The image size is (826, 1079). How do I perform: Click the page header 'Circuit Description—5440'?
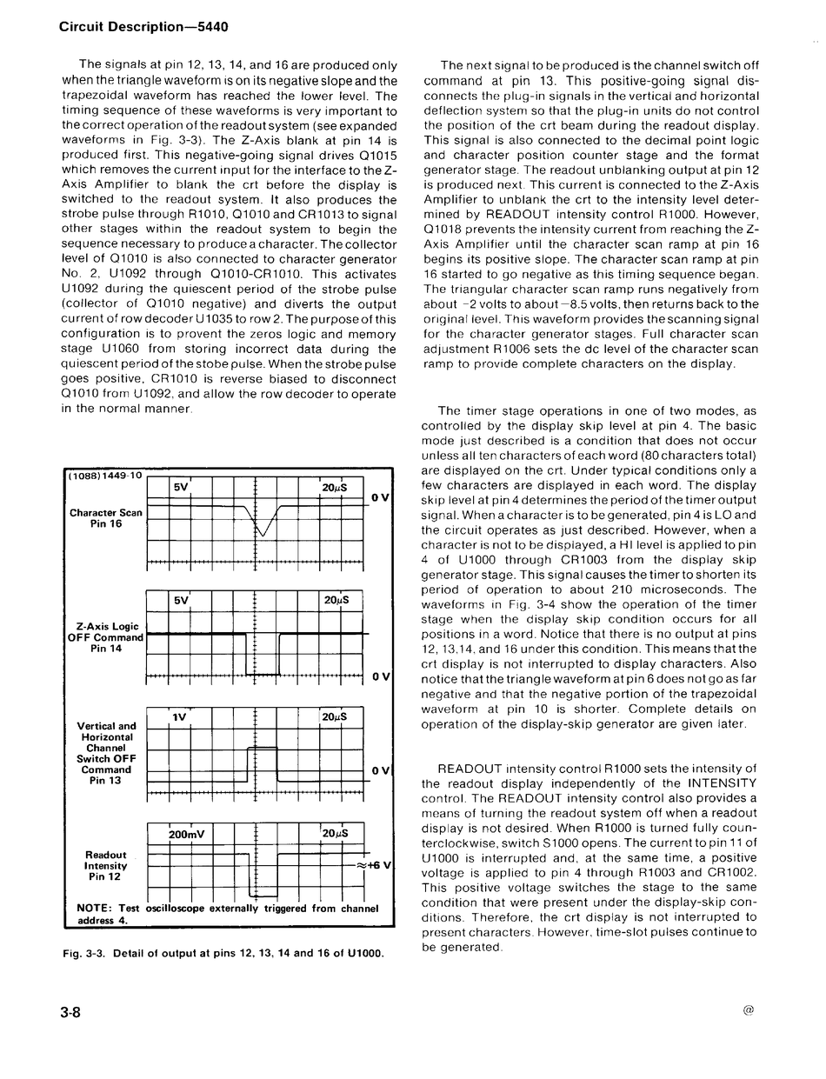143,27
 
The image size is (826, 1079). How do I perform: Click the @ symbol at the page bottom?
749,1010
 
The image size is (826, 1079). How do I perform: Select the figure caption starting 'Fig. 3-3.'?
223,954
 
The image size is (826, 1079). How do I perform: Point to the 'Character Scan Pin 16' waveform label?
106,518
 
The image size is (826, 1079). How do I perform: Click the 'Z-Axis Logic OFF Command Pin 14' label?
105,637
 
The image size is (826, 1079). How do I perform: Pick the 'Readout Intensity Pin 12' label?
106,866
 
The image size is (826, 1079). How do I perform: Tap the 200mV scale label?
186,834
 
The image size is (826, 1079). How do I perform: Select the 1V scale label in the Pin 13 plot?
180,717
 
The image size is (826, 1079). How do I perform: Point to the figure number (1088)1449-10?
105,476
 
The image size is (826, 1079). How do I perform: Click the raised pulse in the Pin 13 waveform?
263,749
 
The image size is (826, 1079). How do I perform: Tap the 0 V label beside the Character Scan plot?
379,497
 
